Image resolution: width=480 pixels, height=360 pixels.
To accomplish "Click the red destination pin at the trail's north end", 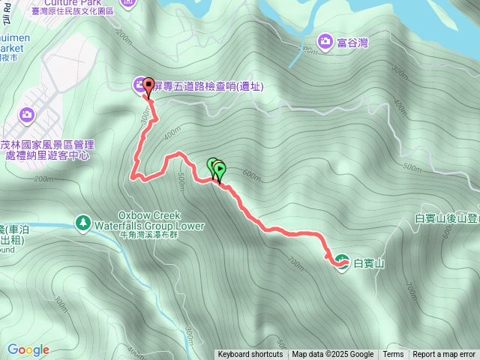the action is [148, 88].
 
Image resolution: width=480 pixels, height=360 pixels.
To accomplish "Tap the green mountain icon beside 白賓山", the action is [342, 262].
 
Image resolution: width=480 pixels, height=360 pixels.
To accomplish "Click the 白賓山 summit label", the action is [368, 263].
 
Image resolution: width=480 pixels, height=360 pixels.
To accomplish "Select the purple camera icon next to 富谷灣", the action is [325, 42].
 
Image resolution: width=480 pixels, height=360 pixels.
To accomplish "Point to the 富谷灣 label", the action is [353, 43].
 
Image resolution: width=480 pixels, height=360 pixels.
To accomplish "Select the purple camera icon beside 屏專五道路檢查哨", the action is [139, 85].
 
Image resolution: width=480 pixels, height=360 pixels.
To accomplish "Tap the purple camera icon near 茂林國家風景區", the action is [27, 115].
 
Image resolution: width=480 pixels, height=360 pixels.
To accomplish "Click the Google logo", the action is [28, 349].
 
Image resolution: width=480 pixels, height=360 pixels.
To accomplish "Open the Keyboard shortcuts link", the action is [250, 355].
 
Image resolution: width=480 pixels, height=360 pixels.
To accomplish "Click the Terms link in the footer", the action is [393, 355].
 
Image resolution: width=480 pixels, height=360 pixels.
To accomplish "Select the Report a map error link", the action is [444, 355].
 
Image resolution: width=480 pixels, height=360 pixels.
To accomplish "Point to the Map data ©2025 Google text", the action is [333, 355].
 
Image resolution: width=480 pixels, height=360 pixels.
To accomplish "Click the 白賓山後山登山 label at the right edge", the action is [447, 218].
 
